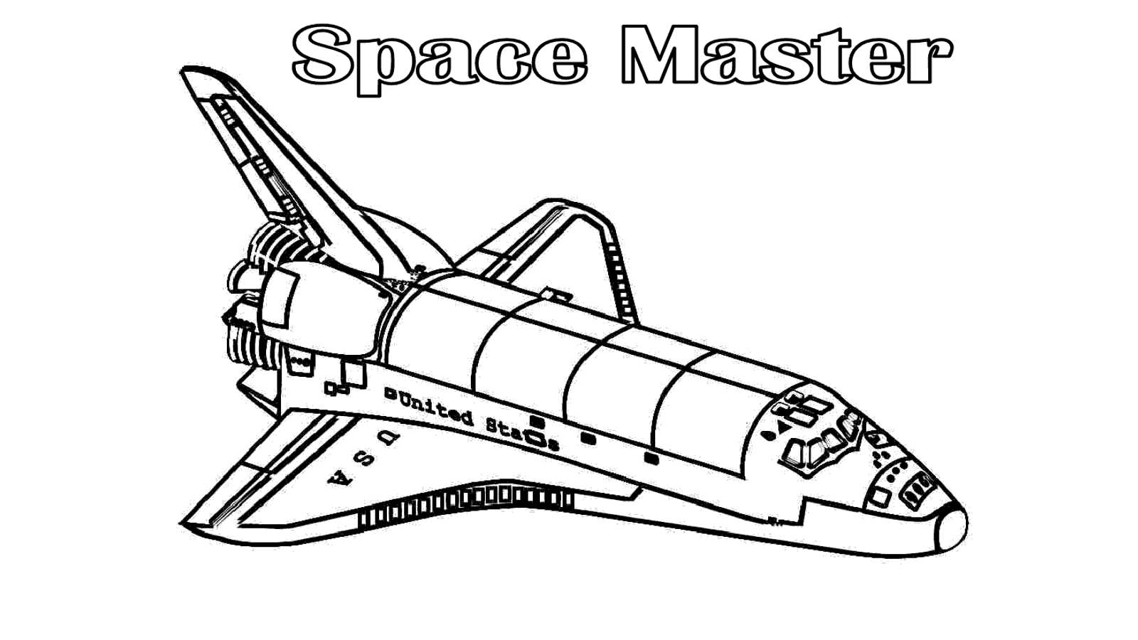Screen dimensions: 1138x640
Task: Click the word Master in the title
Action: click(787, 55)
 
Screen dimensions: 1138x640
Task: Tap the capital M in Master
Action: click(659, 54)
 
